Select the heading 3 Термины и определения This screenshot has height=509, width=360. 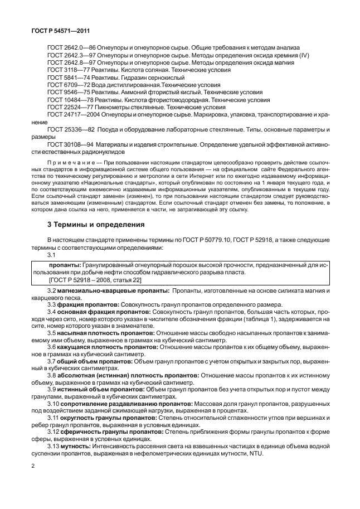tap(96, 225)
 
